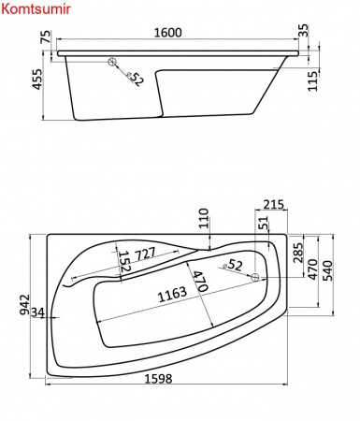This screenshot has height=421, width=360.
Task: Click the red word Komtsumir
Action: coord(36,9)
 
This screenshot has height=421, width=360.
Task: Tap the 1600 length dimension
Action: coord(167,33)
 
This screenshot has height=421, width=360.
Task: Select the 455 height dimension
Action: coord(37,80)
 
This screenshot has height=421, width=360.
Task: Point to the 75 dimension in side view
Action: coord(46,36)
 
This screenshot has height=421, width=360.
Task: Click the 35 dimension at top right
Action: coord(303,30)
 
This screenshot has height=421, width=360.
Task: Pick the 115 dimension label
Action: coord(312,81)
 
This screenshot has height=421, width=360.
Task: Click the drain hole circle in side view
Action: coord(112,62)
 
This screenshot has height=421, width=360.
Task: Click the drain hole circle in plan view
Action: coord(255,277)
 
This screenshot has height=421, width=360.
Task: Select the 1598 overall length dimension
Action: coord(158,379)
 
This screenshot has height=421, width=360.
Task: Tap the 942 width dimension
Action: coord(24,305)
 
